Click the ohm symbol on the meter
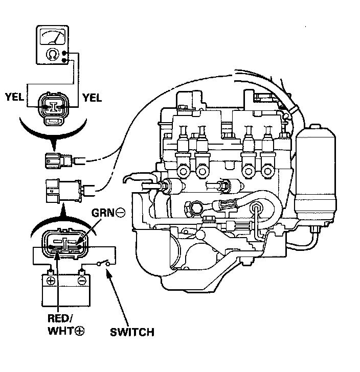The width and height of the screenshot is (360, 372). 53,54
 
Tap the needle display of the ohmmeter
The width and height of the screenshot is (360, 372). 53,37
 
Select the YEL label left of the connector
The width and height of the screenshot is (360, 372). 15,97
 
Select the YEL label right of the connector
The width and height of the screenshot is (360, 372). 92,98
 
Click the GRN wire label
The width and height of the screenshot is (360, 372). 103,213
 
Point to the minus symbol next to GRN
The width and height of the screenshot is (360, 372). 120,213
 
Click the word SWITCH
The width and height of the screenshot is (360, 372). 132,332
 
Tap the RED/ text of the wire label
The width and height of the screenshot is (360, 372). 60,318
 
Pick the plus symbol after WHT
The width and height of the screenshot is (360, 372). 80,331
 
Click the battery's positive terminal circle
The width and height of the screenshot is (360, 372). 51,281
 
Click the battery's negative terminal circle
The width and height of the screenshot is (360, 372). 81,281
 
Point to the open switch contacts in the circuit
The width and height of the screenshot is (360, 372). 103,263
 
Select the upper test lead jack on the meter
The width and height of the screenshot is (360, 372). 64,53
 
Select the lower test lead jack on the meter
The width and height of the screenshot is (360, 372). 64,60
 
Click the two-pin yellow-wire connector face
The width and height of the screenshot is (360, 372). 53,108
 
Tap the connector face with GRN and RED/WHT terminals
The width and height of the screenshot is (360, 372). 65,245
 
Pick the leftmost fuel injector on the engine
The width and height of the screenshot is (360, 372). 183,152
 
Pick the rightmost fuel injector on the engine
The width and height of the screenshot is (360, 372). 268,152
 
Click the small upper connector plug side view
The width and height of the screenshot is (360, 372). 59,160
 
